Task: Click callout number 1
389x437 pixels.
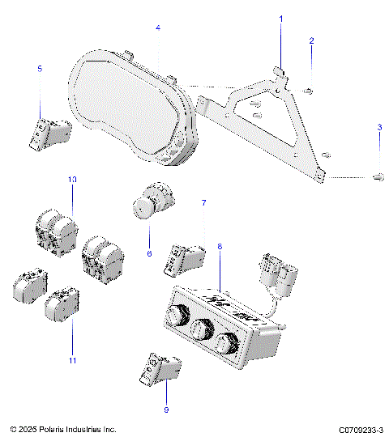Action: (x=282, y=18)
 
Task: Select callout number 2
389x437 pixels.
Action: (x=312, y=40)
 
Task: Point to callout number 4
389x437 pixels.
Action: (x=158, y=28)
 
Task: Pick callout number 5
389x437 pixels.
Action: (x=40, y=70)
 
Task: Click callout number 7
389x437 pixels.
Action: (x=203, y=203)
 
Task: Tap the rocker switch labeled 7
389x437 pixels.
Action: (x=185, y=257)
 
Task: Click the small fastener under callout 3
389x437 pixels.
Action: (x=378, y=176)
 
